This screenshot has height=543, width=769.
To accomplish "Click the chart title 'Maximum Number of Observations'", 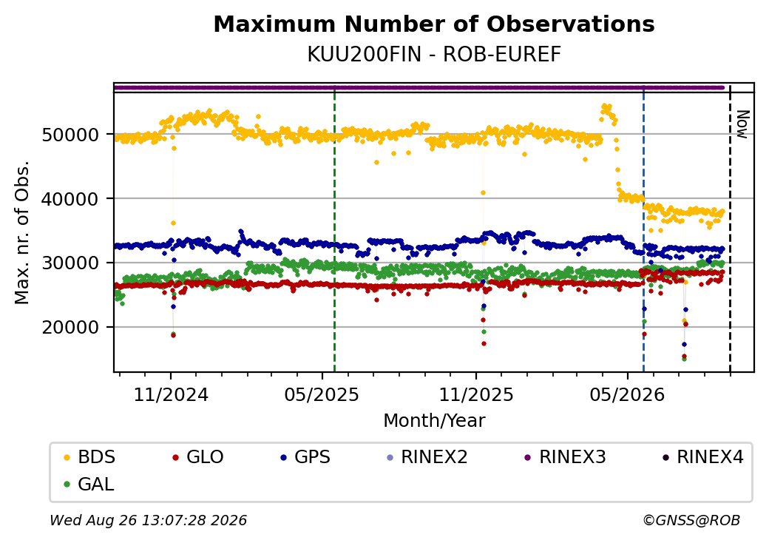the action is tap(434, 24).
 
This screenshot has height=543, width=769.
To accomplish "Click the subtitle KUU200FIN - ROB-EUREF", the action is tap(434, 55).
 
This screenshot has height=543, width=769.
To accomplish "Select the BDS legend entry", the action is tap(89, 457).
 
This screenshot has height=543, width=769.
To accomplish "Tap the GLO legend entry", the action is tap(198, 457).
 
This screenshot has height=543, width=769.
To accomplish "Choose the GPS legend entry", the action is tap(305, 457).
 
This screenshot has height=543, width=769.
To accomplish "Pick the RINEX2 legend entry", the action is tap(427, 457).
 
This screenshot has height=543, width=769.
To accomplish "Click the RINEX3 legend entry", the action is tap(566, 457).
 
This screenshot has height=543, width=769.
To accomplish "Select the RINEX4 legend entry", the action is tap(702, 457).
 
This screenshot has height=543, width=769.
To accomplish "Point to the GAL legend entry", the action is tap(89, 484).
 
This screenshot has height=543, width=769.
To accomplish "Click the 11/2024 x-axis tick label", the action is tap(171, 394).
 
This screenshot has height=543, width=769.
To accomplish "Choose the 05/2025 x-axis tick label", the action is tap(322, 394).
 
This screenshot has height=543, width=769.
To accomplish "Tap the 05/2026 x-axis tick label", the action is tap(627, 394).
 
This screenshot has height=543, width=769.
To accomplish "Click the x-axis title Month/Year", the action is tap(434, 420).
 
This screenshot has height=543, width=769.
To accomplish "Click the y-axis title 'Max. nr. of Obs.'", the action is tap(22, 232).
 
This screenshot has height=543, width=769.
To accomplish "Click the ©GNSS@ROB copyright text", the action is tap(691, 520).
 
